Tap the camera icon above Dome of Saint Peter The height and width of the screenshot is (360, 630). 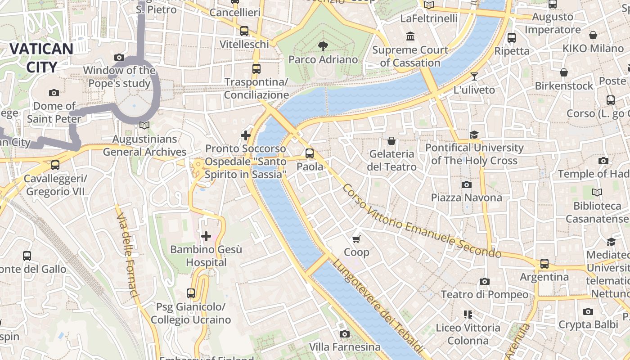coord(54,93)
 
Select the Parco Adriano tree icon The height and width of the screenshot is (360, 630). coord(323,45)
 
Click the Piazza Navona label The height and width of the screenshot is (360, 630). coord(466,198)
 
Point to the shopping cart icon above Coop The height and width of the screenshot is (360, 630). coord(356,239)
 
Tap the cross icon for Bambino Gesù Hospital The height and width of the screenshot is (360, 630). coord(206,236)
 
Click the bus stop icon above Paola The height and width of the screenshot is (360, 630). coord(310,153)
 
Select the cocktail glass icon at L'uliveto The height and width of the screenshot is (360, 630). coord(474,76)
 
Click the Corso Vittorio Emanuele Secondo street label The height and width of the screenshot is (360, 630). coord(421,221)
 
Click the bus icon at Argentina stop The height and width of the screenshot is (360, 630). coord(544,264)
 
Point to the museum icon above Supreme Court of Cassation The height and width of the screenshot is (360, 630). coord(410,36)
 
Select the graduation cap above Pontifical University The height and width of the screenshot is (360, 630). coord(474,135)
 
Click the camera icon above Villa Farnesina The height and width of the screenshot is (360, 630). coord(345,334)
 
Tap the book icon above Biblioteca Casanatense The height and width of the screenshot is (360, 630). coord(597,193)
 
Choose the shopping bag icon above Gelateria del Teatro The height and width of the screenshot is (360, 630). coord(391,141)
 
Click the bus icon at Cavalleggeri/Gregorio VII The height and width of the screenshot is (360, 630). coord(55,165)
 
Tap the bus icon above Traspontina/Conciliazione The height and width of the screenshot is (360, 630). coord(256,69)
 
